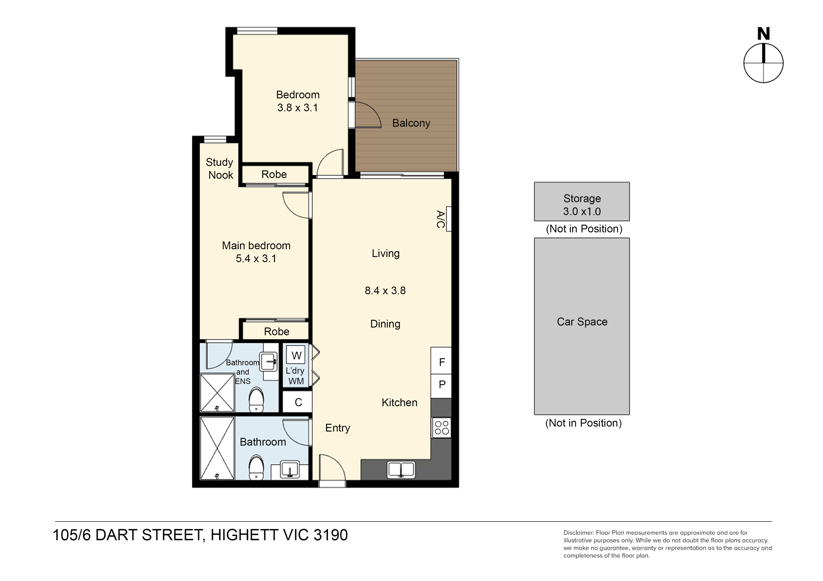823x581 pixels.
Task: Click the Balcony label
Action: click(x=411, y=123)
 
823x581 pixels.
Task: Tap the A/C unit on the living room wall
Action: click(x=448, y=219)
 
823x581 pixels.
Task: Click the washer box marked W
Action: click(x=296, y=355)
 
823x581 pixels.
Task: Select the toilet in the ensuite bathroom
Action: click(x=256, y=399)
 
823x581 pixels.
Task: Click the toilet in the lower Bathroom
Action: click(x=256, y=467)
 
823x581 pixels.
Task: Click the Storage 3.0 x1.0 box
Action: click(x=582, y=201)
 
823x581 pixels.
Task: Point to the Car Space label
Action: click(x=582, y=321)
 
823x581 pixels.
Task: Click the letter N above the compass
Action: click(x=763, y=34)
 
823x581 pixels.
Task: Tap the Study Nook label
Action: click(x=220, y=169)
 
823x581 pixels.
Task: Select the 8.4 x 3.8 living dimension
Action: click(x=385, y=290)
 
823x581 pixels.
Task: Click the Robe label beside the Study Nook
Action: click(x=274, y=174)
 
